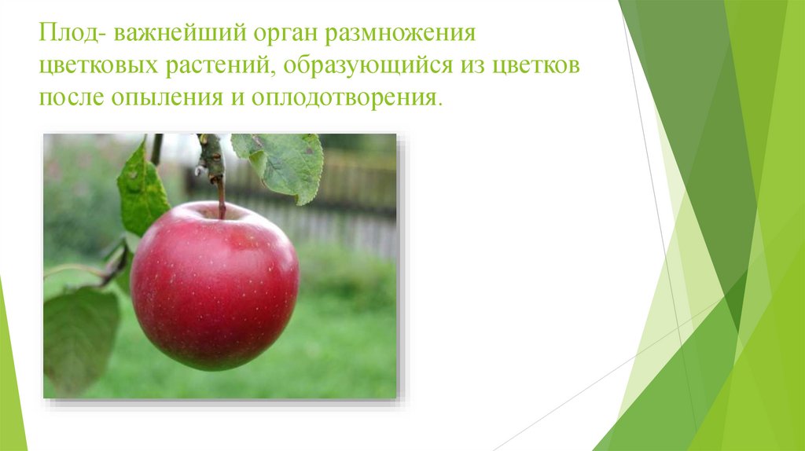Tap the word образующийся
point(362,68)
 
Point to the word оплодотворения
point(346,99)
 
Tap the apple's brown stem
point(222,196)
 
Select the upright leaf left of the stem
point(142,189)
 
